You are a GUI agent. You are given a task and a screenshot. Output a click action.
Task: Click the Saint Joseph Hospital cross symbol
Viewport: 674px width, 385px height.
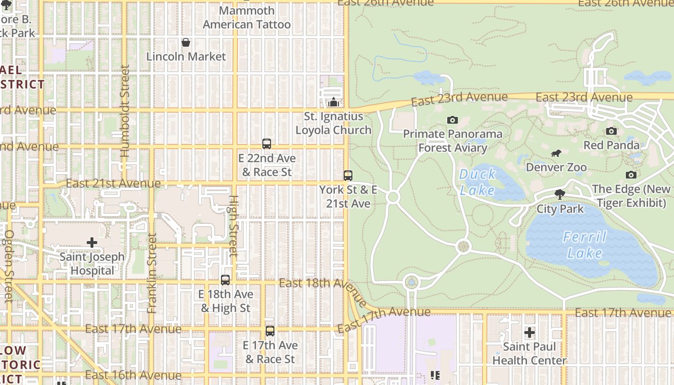coord(92,243)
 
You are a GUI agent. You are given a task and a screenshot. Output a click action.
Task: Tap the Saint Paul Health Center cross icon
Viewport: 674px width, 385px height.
coord(530,333)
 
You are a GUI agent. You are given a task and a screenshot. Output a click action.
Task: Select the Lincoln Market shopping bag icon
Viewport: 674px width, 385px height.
coord(186,43)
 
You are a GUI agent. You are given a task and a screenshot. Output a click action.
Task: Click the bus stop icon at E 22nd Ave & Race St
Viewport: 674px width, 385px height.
coord(267,144)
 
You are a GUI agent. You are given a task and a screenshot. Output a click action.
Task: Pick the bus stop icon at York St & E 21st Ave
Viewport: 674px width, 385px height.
coord(348,176)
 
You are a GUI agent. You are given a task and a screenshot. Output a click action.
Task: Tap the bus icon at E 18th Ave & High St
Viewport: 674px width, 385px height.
coord(225,280)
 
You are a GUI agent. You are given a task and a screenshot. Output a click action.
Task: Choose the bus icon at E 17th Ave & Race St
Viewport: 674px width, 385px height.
coord(270,331)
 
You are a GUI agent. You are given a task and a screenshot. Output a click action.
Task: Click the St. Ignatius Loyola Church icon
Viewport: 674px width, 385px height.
coord(333,102)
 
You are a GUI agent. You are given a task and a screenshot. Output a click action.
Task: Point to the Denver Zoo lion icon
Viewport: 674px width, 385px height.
coord(556,154)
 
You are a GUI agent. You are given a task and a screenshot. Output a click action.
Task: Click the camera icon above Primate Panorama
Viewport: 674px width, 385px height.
coord(452,120)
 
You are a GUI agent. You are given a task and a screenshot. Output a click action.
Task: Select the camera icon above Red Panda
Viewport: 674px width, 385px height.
coord(611,131)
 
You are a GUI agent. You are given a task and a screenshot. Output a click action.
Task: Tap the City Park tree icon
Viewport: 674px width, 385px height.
coord(559,194)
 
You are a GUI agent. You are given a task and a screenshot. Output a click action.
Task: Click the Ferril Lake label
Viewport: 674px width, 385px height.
coord(585,245)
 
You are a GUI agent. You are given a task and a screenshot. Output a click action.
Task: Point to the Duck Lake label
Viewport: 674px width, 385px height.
coord(477,181)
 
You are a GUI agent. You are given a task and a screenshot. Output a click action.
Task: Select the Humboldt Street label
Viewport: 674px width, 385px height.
coord(125,112)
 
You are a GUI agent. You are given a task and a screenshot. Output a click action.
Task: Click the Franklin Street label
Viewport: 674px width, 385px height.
coord(152,273)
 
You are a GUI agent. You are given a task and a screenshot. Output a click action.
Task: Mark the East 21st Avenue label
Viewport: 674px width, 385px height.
coord(113,183)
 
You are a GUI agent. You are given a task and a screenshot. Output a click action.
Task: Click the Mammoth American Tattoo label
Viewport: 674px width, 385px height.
coord(246,17)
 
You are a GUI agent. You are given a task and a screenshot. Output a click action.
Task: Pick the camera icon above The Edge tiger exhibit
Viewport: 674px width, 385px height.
coord(631,175)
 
